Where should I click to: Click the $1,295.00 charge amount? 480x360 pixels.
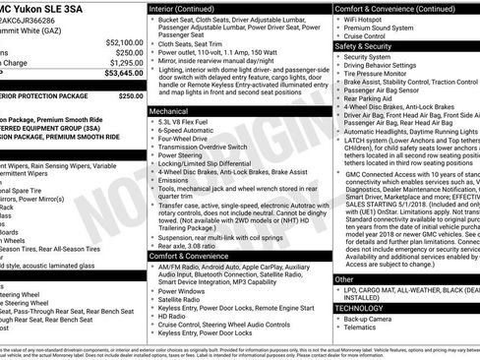123,62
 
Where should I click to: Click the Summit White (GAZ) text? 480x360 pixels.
35,30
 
